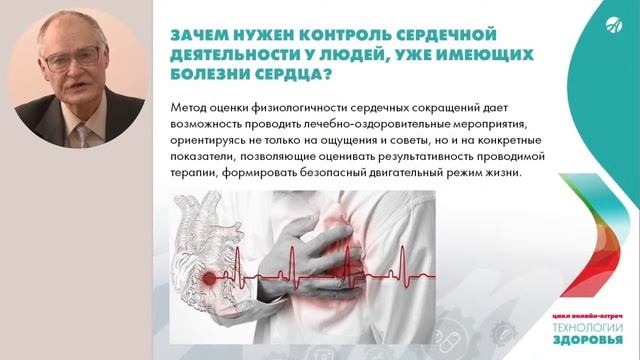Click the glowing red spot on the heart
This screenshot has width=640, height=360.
(211, 276)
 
